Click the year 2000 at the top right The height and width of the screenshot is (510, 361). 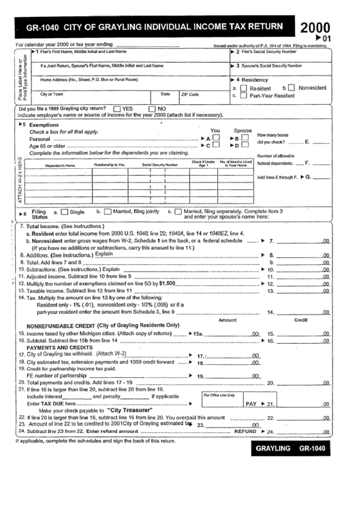(x=315, y=27)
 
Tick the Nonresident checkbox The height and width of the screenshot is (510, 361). (x=292, y=87)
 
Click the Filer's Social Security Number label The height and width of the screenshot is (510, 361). (x=268, y=51)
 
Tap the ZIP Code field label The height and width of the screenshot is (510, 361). (x=189, y=94)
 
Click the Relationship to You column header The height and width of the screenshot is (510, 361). (x=109, y=165)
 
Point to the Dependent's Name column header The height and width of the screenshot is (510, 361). (x=60, y=165)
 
